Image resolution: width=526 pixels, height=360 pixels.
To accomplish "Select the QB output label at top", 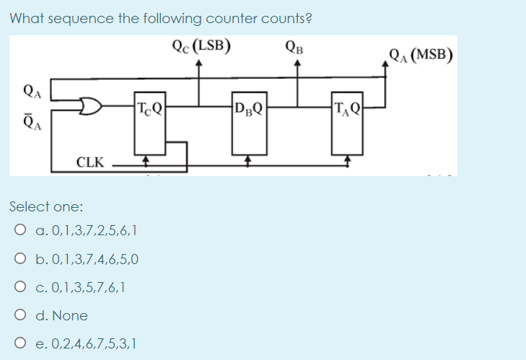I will pyautogui.click(x=296, y=48).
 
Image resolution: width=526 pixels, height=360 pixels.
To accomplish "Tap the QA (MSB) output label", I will pyautogui.click(x=421, y=54).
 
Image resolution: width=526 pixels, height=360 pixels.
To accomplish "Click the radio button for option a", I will pyautogui.click(x=20, y=232).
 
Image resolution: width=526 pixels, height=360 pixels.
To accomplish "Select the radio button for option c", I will pyautogui.click(x=20, y=288).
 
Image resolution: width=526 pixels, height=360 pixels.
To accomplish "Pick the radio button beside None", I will pyautogui.click(x=20, y=315).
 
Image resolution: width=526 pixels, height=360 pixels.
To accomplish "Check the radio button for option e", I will pyautogui.click(x=20, y=343).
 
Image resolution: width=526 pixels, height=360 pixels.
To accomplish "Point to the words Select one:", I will pyautogui.click(x=46, y=206).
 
